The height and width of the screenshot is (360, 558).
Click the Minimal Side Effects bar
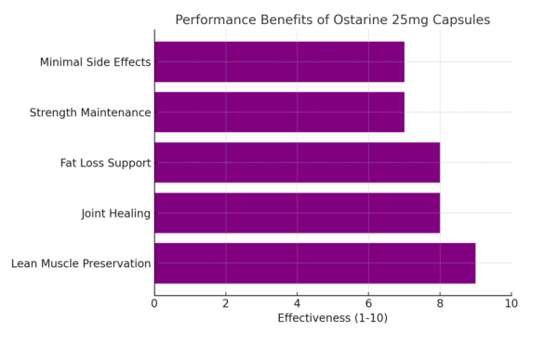(x=279, y=62)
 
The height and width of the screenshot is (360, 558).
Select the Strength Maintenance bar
(x=279, y=113)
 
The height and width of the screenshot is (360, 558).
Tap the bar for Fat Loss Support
(x=297, y=163)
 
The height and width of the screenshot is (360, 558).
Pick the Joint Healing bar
(x=297, y=213)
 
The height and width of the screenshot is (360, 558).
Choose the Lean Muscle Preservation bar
(x=314, y=263)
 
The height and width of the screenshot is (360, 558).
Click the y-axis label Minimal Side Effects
(x=95, y=62)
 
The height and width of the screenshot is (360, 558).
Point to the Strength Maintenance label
(x=90, y=113)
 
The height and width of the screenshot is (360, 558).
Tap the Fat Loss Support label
(x=105, y=163)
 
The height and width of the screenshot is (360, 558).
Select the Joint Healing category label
(x=115, y=213)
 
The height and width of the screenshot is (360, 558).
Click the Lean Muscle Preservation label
(x=81, y=263)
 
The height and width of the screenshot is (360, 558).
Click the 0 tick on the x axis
(x=154, y=303)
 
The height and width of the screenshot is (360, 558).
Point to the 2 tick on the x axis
(x=226, y=303)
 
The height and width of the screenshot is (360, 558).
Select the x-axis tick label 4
(x=297, y=303)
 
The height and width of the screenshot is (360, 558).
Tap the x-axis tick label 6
(x=368, y=303)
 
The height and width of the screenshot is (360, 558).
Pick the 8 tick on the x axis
(x=440, y=303)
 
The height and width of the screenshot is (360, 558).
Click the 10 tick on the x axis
(x=511, y=303)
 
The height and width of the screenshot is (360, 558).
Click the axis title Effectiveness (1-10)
(x=332, y=318)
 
